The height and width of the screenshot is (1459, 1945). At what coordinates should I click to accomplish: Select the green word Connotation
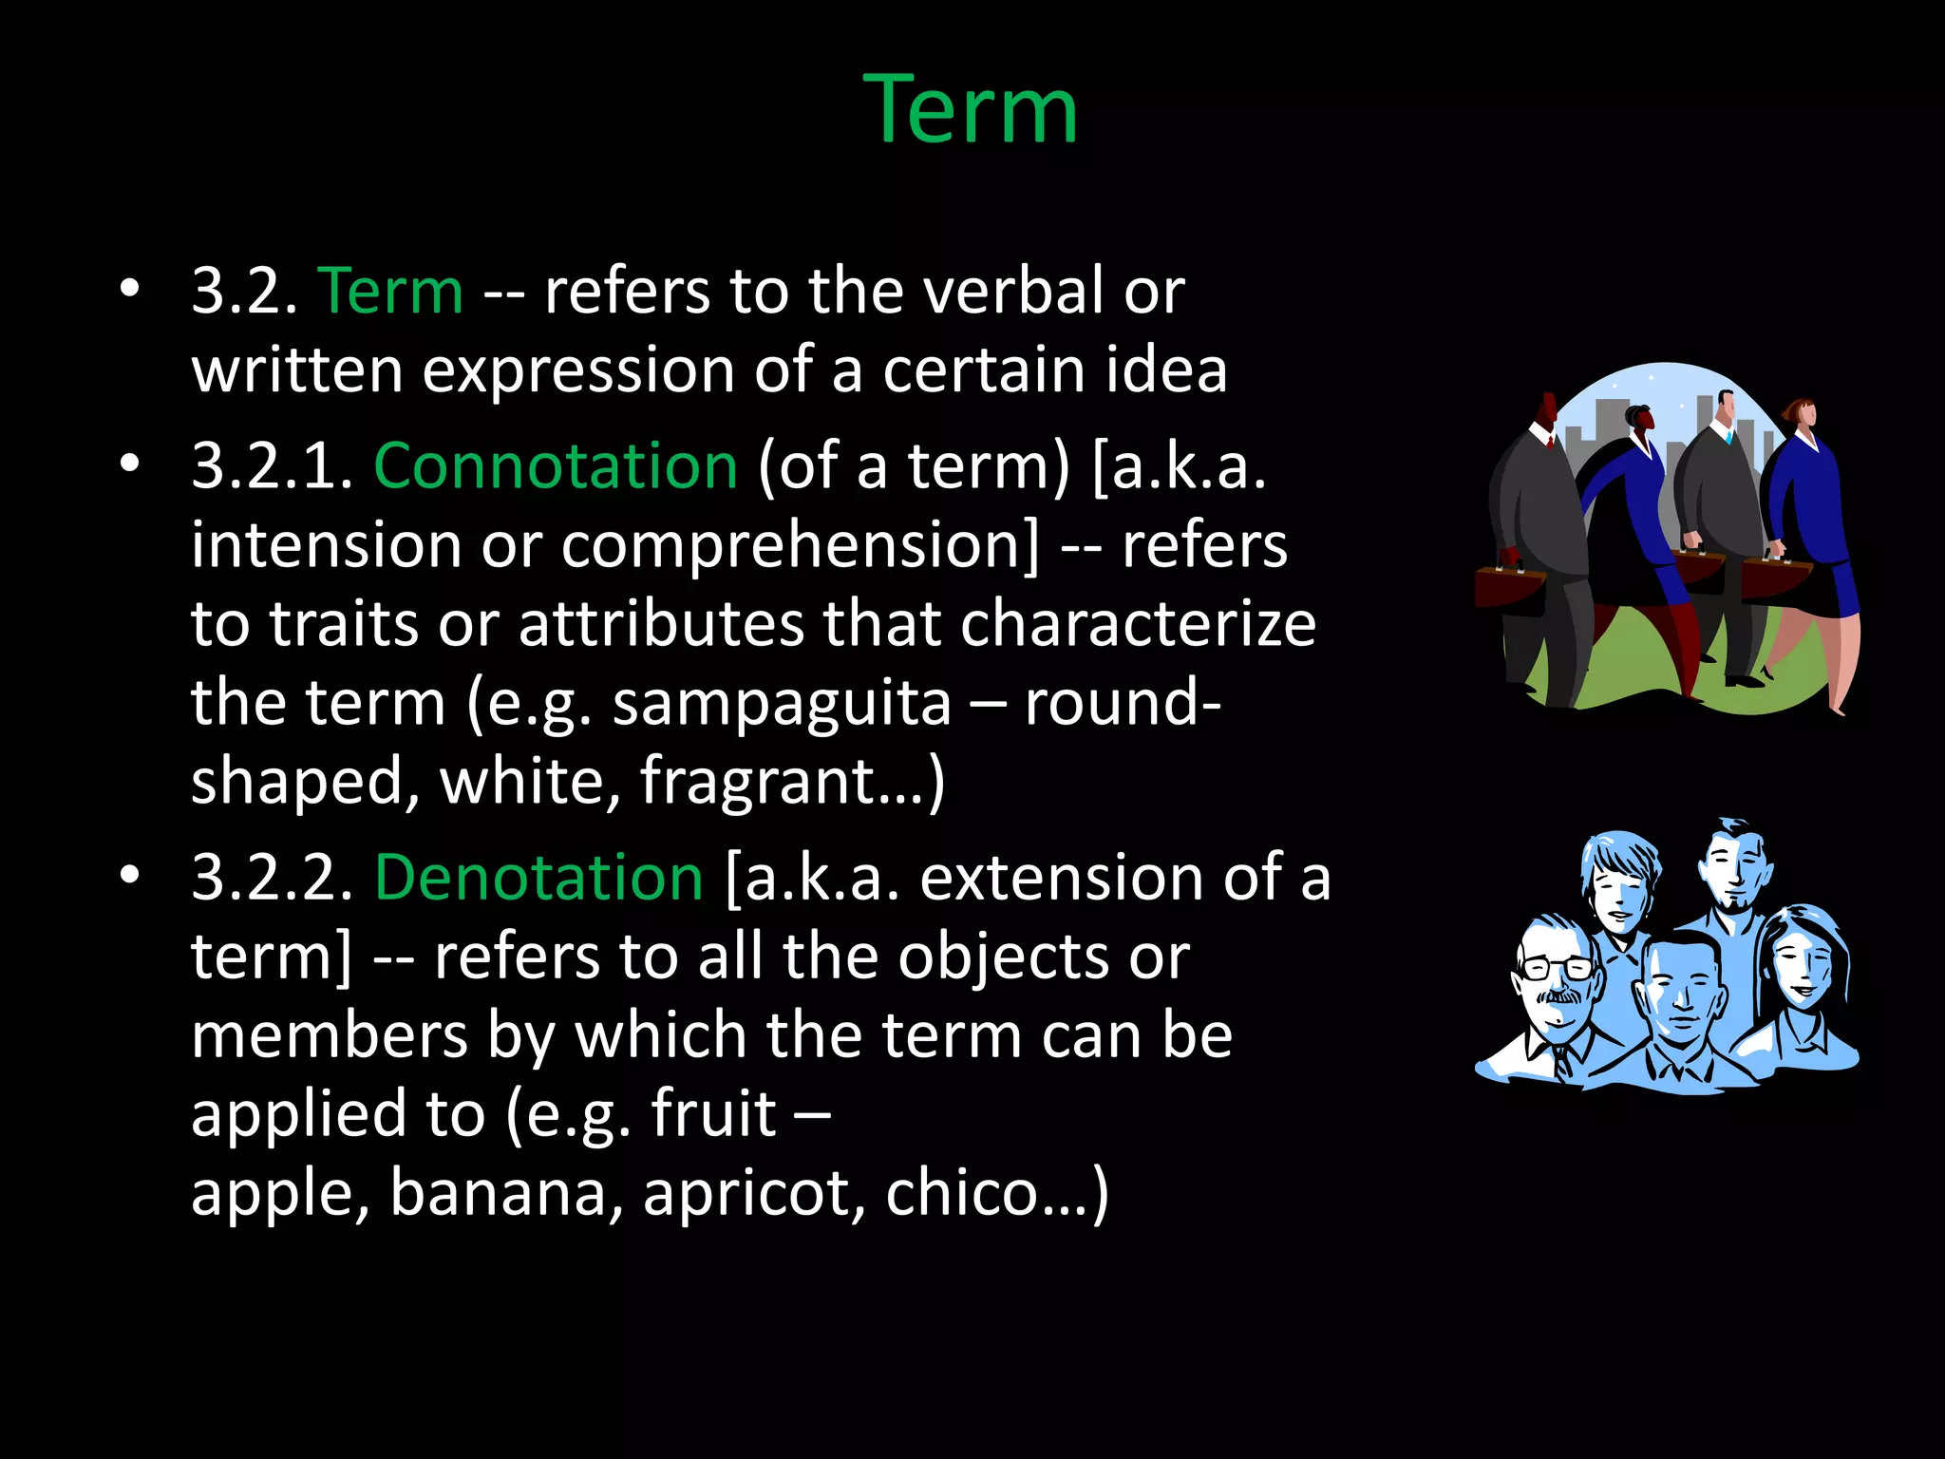click(556, 465)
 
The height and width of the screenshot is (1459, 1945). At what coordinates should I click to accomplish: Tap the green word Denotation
click(538, 877)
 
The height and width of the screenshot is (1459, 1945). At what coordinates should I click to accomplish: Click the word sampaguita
click(781, 703)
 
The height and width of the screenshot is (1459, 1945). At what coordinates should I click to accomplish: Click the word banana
click(506, 1193)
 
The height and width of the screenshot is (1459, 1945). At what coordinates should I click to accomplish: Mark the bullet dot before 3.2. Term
click(130, 289)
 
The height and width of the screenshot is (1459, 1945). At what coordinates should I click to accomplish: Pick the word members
click(329, 1035)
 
